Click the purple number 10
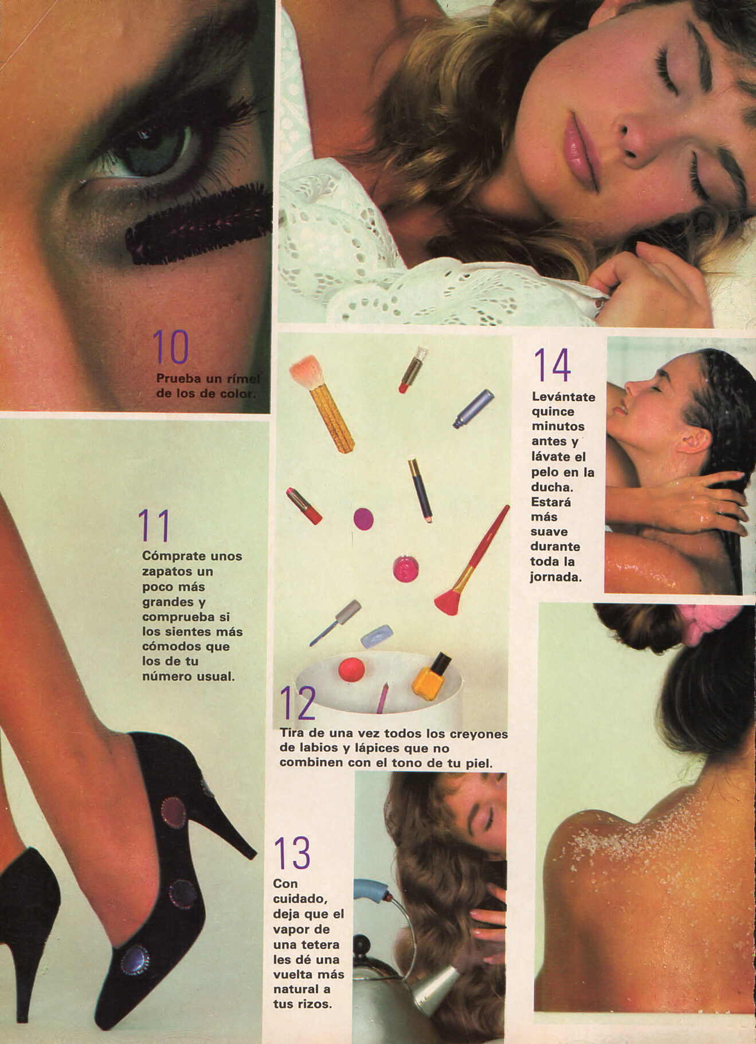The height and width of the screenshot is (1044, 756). pyautogui.click(x=170, y=347)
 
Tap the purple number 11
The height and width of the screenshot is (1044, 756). pyautogui.click(x=154, y=526)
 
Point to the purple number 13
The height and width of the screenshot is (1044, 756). pyautogui.click(x=292, y=853)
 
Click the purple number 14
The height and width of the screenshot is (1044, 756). pyautogui.click(x=552, y=365)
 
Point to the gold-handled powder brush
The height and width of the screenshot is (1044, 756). pyautogui.click(x=322, y=404)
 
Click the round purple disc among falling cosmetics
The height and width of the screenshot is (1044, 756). pyautogui.click(x=363, y=519)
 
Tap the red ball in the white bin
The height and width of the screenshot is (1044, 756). pyautogui.click(x=351, y=670)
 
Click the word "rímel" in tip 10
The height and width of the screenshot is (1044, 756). pyautogui.click(x=244, y=379)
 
